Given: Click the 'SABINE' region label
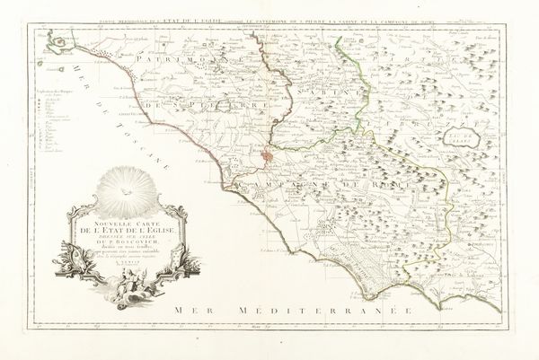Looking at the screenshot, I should coord(331,77).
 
